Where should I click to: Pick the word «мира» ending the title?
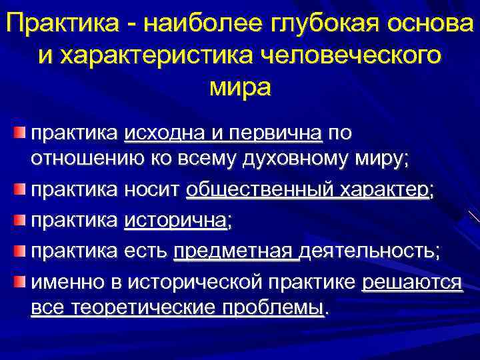[240, 87]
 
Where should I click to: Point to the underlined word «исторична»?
[175, 221]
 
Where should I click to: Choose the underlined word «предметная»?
[233, 251]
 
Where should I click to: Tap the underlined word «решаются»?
[411, 281]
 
